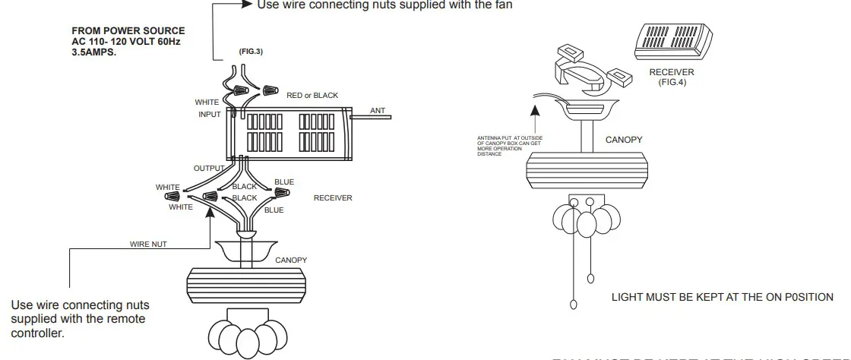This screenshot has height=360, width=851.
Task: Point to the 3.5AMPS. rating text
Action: pyautogui.click(x=94, y=54)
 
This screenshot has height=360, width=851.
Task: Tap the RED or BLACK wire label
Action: pyautogui.click(x=312, y=96)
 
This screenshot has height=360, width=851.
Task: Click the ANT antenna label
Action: pyautogui.click(x=378, y=111)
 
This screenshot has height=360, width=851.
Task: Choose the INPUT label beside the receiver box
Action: pyautogui.click(x=209, y=115)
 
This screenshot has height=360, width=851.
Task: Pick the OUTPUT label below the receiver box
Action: pyautogui.click(x=209, y=169)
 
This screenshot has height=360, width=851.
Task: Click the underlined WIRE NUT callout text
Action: pyautogui.click(x=148, y=245)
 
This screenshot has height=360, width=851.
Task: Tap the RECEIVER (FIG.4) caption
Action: pyautogui.click(x=672, y=77)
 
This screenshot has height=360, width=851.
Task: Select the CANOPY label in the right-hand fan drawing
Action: pyautogui.click(x=624, y=140)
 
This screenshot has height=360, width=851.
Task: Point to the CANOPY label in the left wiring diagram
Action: pyautogui.click(x=291, y=261)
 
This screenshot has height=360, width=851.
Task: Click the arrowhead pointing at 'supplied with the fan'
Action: pyautogui.click(x=245, y=5)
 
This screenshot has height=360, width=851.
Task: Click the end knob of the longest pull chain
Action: pyautogui.click(x=574, y=306)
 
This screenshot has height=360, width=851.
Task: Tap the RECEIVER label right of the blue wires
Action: pyautogui.click(x=333, y=198)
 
